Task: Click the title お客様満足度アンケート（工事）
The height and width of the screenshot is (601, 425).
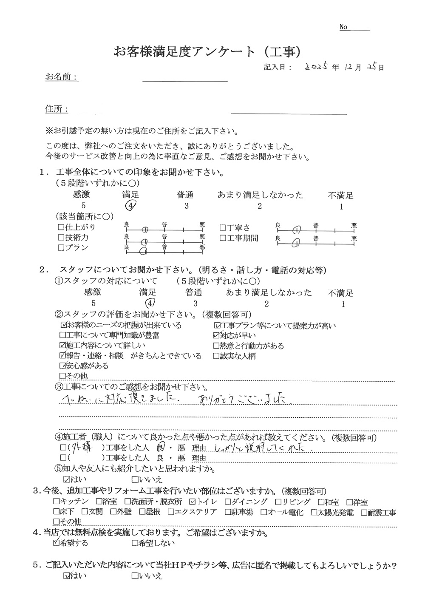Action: pyautogui.click(x=208, y=51)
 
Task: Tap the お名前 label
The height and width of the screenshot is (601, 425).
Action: pyautogui.click(x=61, y=77)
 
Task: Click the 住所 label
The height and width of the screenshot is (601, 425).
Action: pyautogui.click(x=57, y=110)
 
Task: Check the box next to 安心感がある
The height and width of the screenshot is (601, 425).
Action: pyautogui.click(x=63, y=366)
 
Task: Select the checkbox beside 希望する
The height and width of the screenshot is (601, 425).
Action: pyautogui.click(x=55, y=542)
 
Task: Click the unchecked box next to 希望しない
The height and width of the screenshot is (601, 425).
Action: pyautogui.click(x=134, y=543)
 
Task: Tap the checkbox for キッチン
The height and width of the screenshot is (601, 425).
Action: pyautogui.click(x=56, y=502)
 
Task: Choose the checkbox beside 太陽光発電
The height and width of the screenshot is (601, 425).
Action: pyautogui.click(x=314, y=513)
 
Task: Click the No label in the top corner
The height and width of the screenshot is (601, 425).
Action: pyautogui.click(x=343, y=27)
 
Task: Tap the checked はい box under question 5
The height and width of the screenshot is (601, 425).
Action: pyautogui.click(x=66, y=577)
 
